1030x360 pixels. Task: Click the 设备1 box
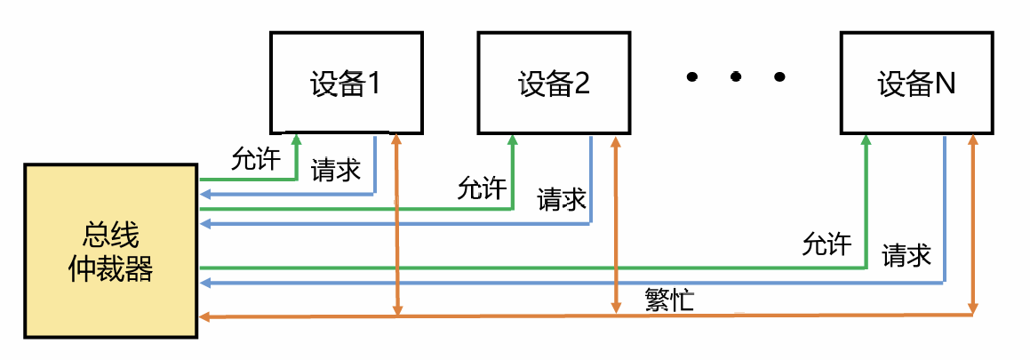point(344,83)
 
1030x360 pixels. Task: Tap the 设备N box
point(915,83)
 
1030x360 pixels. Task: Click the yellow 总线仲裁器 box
point(111,251)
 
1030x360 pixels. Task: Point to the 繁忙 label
point(668,300)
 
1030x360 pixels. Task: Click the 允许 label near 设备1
point(255,160)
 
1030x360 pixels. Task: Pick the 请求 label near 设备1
point(335,170)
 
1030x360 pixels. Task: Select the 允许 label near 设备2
point(482,188)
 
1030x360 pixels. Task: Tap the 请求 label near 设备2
point(562,199)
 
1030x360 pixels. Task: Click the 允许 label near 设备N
point(826,244)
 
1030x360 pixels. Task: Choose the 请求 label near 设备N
point(906,255)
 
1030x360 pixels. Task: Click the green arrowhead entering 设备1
point(296,140)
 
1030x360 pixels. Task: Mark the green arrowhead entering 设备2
point(513,140)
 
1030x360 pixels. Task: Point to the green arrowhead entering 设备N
point(866,140)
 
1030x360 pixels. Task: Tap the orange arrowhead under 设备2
point(615,140)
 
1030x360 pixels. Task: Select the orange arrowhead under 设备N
point(975,140)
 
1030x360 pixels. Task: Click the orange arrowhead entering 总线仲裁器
point(204,316)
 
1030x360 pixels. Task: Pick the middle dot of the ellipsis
point(736,77)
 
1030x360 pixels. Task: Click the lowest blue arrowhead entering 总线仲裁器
point(204,283)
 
